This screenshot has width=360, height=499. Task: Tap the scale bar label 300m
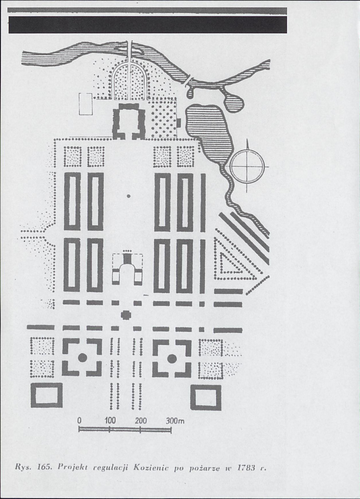pos(175,421)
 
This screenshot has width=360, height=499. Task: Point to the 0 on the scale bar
pos(79,421)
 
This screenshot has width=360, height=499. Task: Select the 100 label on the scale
pos(110,421)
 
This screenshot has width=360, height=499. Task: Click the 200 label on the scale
pos(140,421)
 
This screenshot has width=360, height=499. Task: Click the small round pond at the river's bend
pos(233,102)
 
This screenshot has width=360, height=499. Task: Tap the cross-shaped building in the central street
pos(127,315)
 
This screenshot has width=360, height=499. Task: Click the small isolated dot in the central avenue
pos(129,196)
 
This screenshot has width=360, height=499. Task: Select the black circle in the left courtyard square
pos(82,357)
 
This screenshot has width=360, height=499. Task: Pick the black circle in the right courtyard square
pos(172,359)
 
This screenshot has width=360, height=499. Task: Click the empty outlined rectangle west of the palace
pos(86,104)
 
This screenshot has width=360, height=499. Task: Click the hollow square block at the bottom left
pos(47,395)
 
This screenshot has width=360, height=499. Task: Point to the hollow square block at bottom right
pos(206,397)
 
